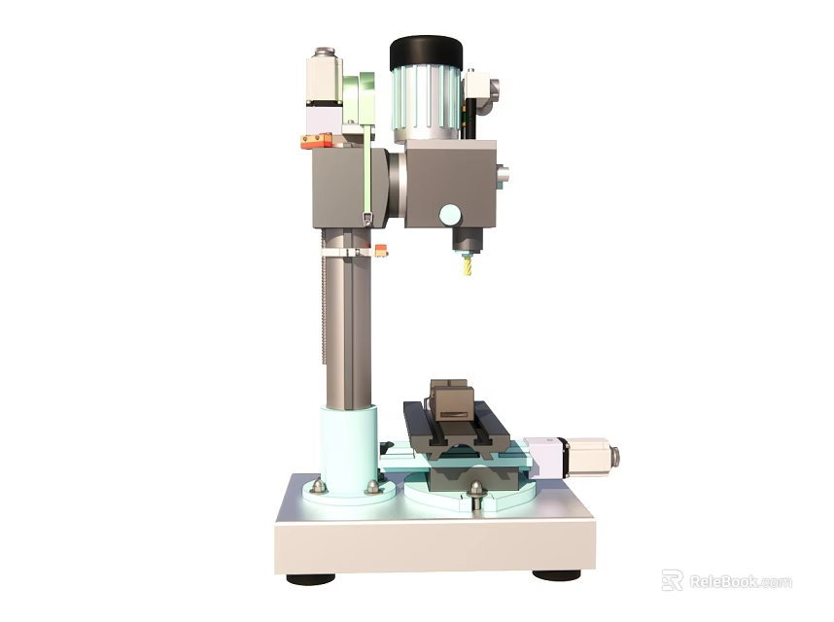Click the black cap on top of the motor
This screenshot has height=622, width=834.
click(x=426, y=52)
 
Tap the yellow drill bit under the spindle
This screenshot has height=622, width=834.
click(x=467, y=264)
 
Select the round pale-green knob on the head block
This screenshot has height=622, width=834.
click(x=449, y=214)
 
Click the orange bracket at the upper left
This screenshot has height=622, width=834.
click(x=316, y=141)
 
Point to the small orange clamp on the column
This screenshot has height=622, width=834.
click(x=380, y=251)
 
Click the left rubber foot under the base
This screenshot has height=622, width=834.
click(x=310, y=579)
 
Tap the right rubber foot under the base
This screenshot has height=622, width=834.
click(x=556, y=575)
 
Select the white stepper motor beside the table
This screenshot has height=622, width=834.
click(x=587, y=457)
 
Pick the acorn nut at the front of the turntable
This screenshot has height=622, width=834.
click(x=475, y=490)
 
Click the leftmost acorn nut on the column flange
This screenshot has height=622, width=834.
click(x=318, y=486)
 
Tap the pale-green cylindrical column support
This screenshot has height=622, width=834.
click(x=349, y=449)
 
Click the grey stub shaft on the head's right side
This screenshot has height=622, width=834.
click(x=502, y=177)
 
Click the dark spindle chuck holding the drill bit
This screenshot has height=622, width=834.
click(x=467, y=239)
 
